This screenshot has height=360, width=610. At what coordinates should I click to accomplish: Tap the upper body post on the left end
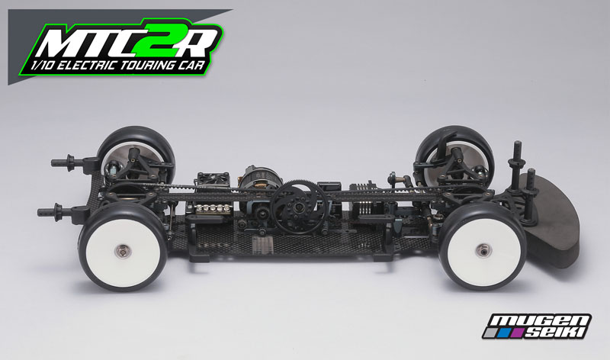coord(66,162)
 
